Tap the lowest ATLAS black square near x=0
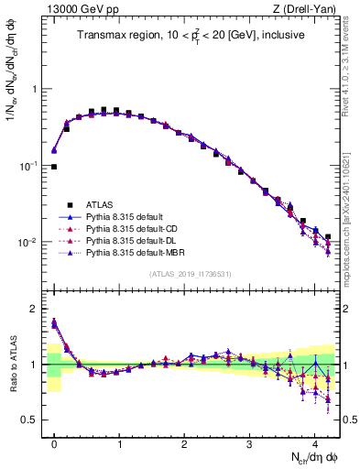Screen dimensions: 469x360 [x=54, y=167]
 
